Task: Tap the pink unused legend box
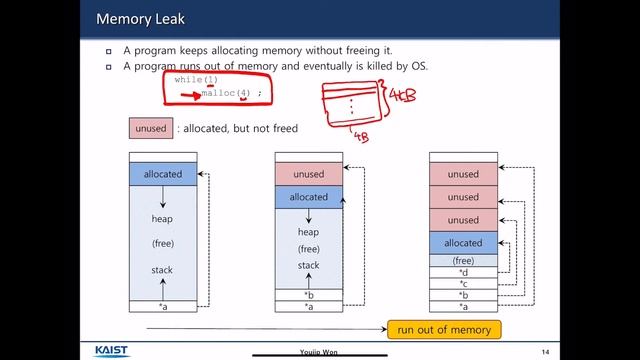(x=150, y=128)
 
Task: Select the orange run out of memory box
(x=443, y=330)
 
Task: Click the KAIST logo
(x=118, y=351)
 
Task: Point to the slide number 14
(x=545, y=351)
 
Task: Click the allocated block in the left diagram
(x=163, y=174)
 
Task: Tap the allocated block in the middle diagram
(x=309, y=197)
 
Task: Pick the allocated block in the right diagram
(x=463, y=243)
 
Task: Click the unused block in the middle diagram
(x=309, y=174)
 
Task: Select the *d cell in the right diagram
(x=463, y=272)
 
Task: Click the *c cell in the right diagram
(x=463, y=284)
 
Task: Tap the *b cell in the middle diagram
(x=309, y=295)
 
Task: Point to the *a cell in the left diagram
(x=163, y=306)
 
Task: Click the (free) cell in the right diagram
(x=463, y=260)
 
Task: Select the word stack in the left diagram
(x=163, y=270)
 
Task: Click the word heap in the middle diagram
(x=309, y=232)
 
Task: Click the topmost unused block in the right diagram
(x=463, y=174)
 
